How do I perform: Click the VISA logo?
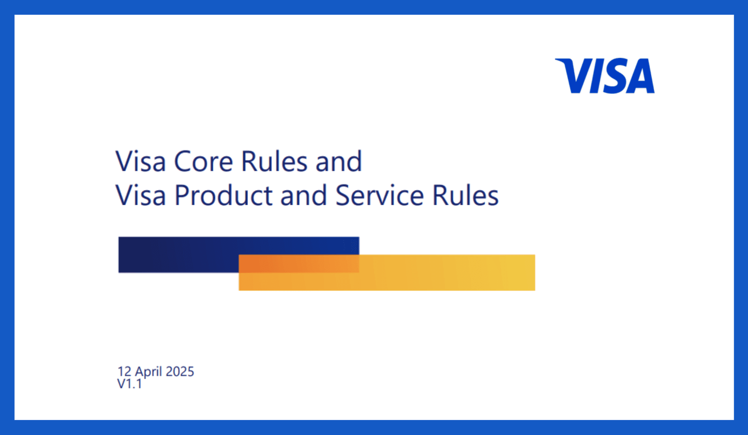(x=605, y=76)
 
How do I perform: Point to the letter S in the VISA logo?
(x=613, y=76)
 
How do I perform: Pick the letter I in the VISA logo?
(x=596, y=76)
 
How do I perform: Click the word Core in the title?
(x=203, y=162)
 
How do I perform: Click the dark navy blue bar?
(x=178, y=254)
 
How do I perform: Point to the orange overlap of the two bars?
(x=299, y=263)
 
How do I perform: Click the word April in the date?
(x=149, y=372)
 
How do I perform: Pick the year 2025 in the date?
(x=180, y=372)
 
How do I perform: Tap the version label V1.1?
(x=130, y=383)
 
